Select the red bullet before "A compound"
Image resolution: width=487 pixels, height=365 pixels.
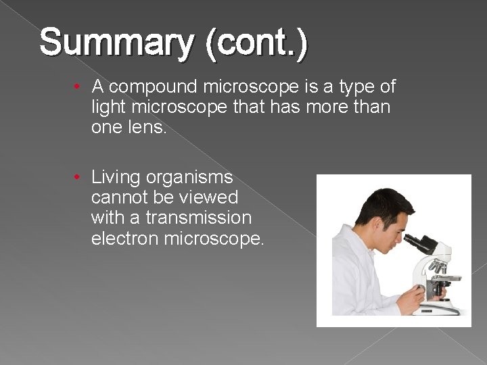pos(79,87)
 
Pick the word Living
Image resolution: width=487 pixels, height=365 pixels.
pos(116,178)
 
